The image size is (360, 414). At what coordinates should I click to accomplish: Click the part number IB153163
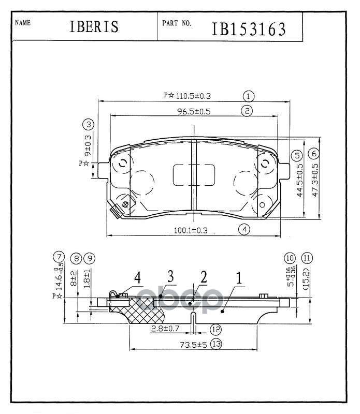point(249,29)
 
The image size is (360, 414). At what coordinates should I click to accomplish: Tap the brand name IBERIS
point(94,27)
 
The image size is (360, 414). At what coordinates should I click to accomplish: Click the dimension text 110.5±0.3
point(193,96)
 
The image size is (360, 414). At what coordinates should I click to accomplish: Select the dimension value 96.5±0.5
point(194,111)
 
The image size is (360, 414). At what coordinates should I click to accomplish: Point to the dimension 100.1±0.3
point(191,230)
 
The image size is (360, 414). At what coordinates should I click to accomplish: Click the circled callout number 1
point(249,96)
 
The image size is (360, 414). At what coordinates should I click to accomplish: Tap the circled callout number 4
point(245,229)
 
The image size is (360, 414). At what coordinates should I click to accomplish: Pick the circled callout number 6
point(314,153)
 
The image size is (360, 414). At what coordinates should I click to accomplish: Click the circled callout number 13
point(216,344)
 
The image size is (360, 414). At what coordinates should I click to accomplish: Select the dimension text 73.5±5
point(193,345)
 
